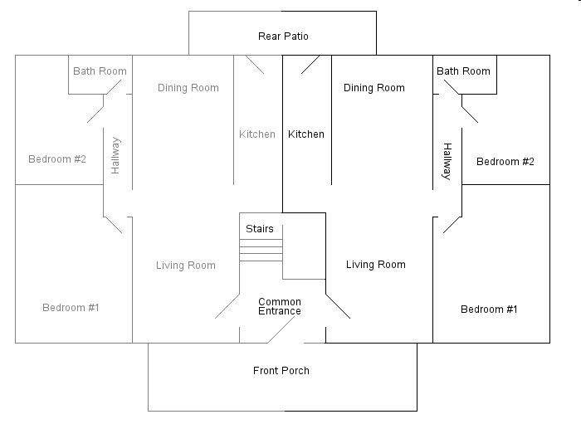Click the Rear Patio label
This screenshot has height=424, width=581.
pos(283,37)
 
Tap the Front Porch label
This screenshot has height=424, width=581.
pos(281,371)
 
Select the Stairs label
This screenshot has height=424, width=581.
pos(259,229)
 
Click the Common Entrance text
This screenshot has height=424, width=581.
pos(280,306)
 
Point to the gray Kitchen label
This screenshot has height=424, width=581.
pos(257,134)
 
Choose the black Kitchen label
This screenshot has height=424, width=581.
pos(306,134)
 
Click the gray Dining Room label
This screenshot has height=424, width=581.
pos(188,88)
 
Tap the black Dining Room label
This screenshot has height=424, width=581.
pos(374,88)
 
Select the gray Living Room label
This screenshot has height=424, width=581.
pos(186,266)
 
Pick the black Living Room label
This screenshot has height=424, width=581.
pos(376,265)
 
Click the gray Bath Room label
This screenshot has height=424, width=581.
pos(100,71)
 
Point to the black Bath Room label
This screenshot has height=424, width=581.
pos(463,71)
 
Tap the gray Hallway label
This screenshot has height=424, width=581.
pos(115,155)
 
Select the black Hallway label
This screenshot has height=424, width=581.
pos(447,162)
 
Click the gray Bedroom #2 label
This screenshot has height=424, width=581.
pos(57,159)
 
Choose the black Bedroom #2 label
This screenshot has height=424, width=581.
pos(505,162)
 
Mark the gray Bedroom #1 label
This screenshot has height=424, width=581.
pos(71,308)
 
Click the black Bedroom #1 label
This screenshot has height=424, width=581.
pos(489,309)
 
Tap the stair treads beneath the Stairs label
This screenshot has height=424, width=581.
pos(261,251)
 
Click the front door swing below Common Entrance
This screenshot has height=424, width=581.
pos(281,329)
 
